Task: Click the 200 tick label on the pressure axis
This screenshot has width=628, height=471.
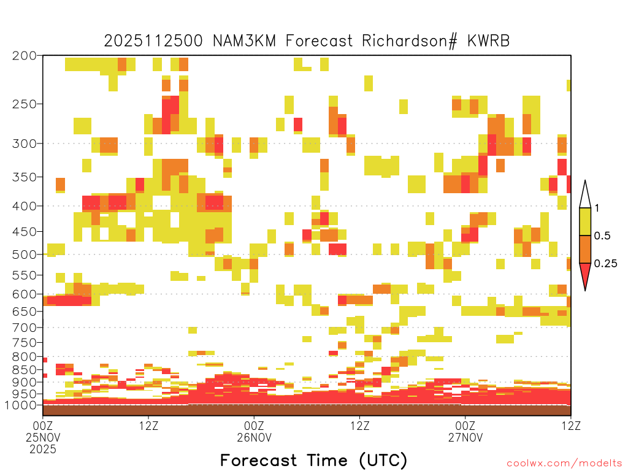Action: [x=25, y=56]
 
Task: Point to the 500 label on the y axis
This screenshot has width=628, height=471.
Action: [x=25, y=255]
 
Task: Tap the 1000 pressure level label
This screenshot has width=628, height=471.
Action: [x=21, y=405]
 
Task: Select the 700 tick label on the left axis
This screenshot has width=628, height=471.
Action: [x=25, y=327]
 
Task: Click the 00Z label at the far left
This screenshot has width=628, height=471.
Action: [x=43, y=426]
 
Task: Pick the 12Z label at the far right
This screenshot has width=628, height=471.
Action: [x=571, y=426]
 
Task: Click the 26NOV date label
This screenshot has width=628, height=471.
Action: [x=254, y=437]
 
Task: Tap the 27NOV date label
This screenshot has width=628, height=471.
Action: [x=465, y=437]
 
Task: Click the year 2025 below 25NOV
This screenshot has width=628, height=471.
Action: [x=43, y=449]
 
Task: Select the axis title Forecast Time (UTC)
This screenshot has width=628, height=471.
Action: [x=313, y=461]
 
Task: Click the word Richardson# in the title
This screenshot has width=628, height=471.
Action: [x=410, y=41]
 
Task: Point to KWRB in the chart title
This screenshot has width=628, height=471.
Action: [x=489, y=41]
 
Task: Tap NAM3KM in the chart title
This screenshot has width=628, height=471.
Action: [x=244, y=41]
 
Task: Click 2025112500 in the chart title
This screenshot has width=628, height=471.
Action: [x=153, y=41]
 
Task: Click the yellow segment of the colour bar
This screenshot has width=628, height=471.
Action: [x=585, y=221]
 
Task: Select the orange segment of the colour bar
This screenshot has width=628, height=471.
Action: [x=585, y=249]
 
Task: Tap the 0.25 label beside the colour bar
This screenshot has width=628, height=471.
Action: [x=605, y=264]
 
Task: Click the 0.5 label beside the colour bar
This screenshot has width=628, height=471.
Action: [x=602, y=235]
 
